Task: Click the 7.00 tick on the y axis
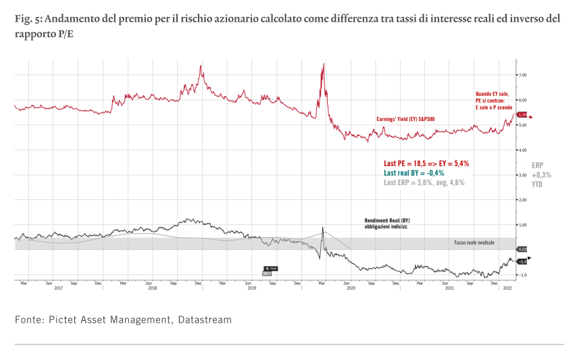point(522,75)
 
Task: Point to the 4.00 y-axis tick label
point(522,150)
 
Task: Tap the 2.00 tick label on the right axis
point(522,200)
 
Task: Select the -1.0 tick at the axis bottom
point(522,276)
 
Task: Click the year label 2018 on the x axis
point(153,288)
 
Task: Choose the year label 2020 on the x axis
point(351,288)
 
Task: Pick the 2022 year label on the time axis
point(507,288)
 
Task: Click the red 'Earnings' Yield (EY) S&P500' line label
point(405,120)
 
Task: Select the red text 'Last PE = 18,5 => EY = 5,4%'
point(426,163)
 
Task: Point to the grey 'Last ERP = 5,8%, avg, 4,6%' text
point(424,182)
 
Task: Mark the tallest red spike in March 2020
point(324,65)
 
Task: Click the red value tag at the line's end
point(522,115)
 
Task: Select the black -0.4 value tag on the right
point(522,261)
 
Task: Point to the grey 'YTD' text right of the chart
point(537,184)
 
